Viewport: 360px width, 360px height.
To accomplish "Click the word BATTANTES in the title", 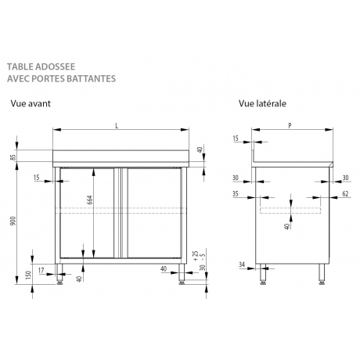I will (x=92, y=78).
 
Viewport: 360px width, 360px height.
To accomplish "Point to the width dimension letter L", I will (x=117, y=125).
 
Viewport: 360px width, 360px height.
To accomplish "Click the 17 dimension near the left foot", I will (x=40, y=271).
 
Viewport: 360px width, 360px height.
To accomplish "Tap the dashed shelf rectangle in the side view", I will (x=289, y=211).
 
